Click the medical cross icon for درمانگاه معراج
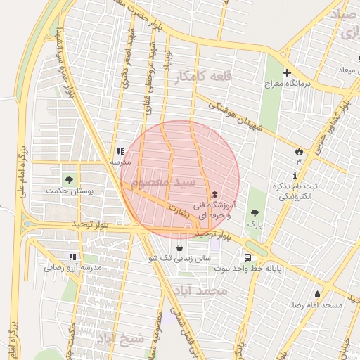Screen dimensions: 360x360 pos(287,72)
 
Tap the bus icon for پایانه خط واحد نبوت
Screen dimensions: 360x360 pos(247,257)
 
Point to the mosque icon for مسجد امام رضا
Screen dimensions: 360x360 pos(317,295)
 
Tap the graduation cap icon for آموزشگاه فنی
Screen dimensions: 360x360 pos(214,195)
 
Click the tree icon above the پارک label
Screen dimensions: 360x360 pos(254,212)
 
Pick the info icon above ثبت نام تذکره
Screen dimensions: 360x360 pos(295,175)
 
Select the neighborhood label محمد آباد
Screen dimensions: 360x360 pos(204,290)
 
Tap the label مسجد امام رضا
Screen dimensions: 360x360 pos(317,306)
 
